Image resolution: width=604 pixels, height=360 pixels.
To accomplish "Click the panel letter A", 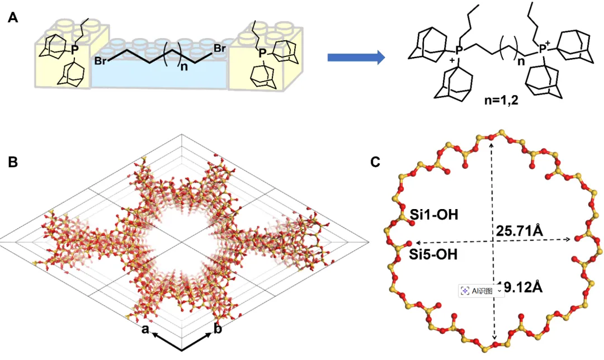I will click(x=12, y=18).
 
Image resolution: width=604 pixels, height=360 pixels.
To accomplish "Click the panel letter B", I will click(x=13, y=162).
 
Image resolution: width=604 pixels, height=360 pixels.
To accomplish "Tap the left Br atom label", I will click(x=101, y=60).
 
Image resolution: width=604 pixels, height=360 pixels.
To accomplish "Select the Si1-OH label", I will click(x=435, y=214).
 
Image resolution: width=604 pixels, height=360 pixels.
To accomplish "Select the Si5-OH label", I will click(x=435, y=255).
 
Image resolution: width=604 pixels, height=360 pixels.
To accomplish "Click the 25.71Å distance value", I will click(x=520, y=230).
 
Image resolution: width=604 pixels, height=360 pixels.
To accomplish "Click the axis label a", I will click(x=145, y=330).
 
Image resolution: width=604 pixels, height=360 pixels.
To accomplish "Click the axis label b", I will click(x=218, y=329).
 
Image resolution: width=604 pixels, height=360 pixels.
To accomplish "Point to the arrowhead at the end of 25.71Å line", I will click(x=568, y=239).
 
